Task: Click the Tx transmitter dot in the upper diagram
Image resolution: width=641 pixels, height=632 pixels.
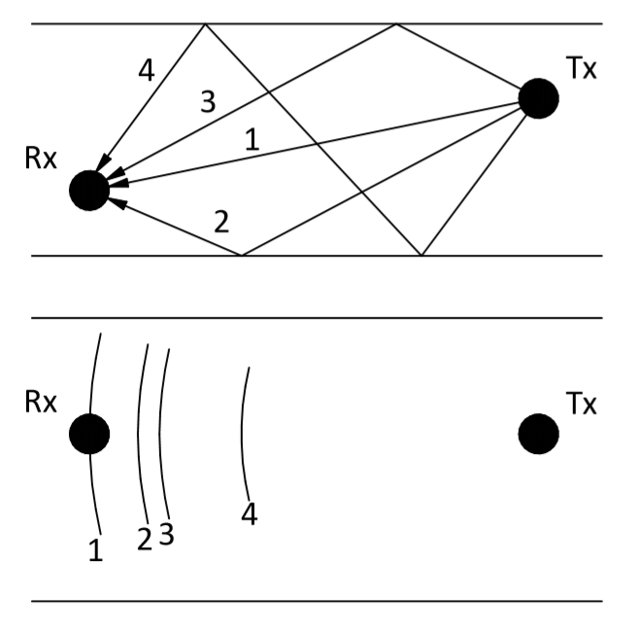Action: pos(538,98)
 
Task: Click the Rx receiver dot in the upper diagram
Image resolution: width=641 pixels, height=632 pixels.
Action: pos(89,191)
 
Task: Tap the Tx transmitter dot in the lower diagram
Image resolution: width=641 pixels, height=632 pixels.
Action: pos(538,434)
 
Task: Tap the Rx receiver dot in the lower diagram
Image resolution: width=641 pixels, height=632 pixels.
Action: pos(89,434)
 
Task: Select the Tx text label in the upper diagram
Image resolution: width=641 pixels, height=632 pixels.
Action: pos(582,68)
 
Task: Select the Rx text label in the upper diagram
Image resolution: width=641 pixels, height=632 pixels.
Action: pos(41,158)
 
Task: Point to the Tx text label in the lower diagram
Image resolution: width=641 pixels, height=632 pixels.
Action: pos(582,404)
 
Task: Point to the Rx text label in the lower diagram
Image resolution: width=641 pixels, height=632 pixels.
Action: pos(41,402)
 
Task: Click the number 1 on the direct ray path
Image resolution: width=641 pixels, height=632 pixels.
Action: pos(253,140)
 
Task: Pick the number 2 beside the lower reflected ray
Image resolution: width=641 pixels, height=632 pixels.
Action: pos(221,222)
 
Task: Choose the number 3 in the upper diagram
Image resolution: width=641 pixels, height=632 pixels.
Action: pos(208,101)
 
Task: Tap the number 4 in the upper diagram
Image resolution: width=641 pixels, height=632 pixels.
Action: pos(147,70)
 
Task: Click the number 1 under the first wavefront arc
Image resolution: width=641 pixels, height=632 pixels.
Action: pos(95,549)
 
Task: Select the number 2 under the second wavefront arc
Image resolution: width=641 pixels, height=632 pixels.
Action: pos(145,539)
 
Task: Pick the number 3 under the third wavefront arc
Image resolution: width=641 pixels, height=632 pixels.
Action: pos(166,534)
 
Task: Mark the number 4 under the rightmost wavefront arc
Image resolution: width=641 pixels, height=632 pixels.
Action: pos(250,514)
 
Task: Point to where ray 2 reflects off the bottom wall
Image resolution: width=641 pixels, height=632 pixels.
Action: pos(242,256)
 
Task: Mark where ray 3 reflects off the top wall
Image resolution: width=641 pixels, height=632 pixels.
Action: pos(395,24)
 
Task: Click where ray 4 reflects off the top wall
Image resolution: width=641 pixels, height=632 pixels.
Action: pos(205,24)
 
